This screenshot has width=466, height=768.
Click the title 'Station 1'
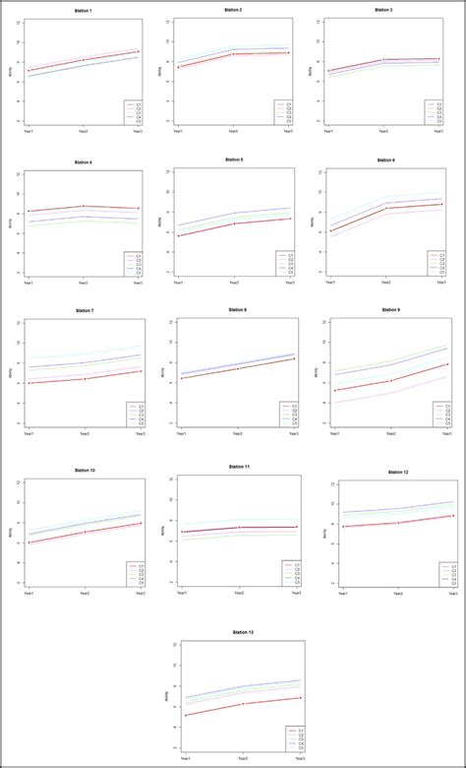click(x=86, y=10)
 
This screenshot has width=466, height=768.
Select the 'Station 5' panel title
click(x=233, y=160)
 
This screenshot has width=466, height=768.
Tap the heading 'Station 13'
click(x=243, y=632)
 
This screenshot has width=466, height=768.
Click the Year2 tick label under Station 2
click(x=233, y=130)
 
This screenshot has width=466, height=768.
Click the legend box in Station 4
click(x=134, y=262)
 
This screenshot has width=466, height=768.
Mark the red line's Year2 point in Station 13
click(x=241, y=704)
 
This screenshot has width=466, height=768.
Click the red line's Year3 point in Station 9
click(x=447, y=365)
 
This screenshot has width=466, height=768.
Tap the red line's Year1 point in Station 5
click(x=179, y=235)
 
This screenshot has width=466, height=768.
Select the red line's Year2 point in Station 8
click(x=237, y=368)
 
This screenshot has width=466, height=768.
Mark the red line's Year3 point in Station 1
click(x=138, y=51)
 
